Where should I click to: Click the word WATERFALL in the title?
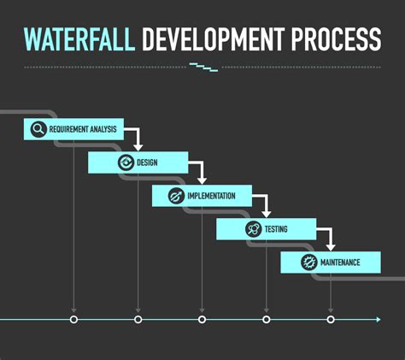click(79, 39)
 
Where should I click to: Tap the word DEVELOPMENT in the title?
click(214, 39)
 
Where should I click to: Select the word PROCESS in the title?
click(336, 39)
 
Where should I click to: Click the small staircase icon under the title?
click(204, 68)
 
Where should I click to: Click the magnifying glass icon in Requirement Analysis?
click(38, 129)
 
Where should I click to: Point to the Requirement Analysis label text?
click(83, 129)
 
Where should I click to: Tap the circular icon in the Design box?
click(126, 162)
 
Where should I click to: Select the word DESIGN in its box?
click(147, 162)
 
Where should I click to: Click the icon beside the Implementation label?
click(176, 196)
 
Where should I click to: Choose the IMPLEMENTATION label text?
click(211, 196)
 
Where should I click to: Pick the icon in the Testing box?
click(253, 229)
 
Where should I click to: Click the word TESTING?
click(276, 229)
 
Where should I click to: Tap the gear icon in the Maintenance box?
click(309, 263)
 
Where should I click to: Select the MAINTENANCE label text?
click(340, 263)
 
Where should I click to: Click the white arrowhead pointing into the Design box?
click(138, 148)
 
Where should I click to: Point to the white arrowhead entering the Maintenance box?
click(331, 247)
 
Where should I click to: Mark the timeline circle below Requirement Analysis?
click(73, 320)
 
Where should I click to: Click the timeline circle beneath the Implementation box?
click(202, 320)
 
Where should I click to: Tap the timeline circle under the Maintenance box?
click(331, 320)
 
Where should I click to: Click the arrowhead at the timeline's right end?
click(379, 320)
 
